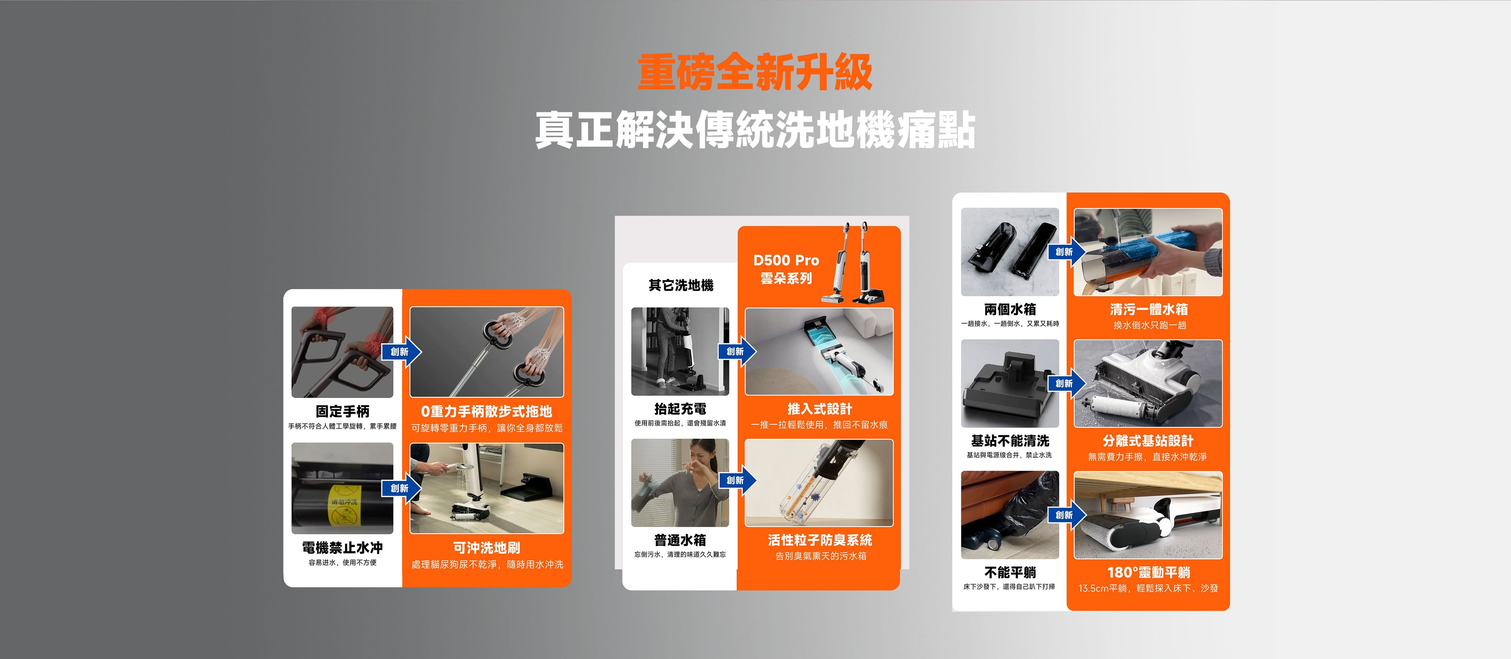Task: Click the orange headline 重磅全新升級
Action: [x=755, y=72]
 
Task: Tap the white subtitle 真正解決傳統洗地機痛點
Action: [x=755, y=130]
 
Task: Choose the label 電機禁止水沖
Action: [x=343, y=548]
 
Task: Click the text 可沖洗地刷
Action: [x=487, y=548]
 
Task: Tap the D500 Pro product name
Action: [x=786, y=260]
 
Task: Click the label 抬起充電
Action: [x=680, y=409]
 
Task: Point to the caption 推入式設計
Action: [x=819, y=409]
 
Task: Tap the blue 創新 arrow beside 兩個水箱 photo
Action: [x=1066, y=252]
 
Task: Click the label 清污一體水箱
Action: [x=1149, y=309]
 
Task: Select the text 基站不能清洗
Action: [x=1010, y=441]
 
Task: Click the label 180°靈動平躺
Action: [x=1149, y=572]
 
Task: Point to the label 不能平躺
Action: [x=1010, y=572]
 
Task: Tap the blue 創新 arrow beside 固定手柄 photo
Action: [x=402, y=352]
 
